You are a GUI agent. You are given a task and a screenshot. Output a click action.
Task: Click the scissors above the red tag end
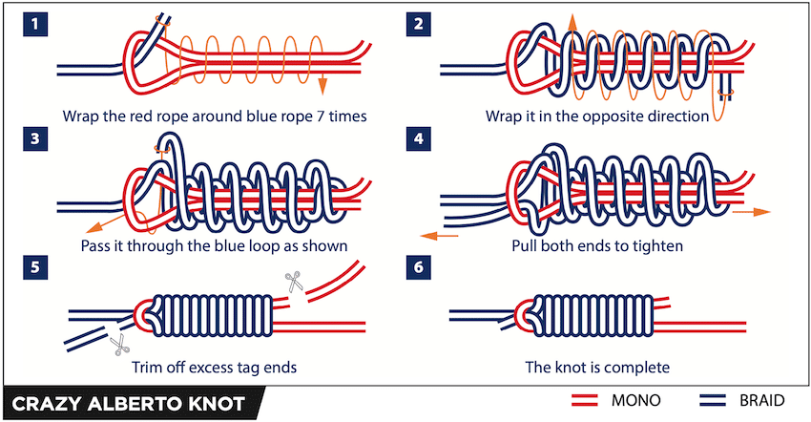[x=292, y=281]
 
